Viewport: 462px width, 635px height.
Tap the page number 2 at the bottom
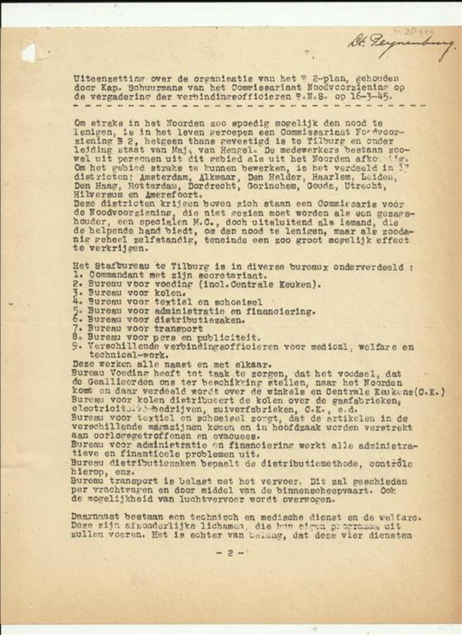[231, 552]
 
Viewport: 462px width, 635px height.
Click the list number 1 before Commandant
[75, 276]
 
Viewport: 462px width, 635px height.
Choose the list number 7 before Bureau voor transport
[75, 330]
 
